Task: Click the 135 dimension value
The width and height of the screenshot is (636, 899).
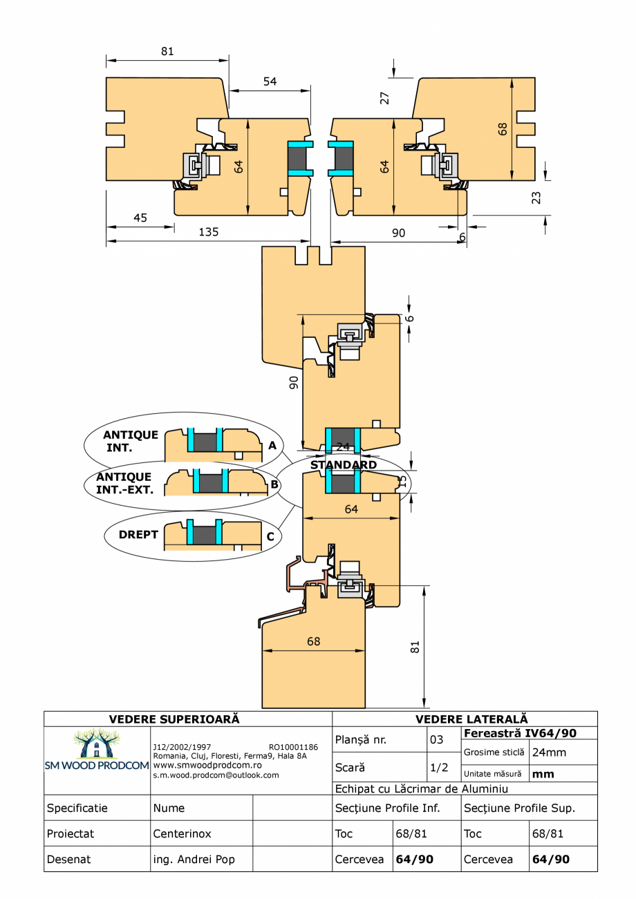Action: click(208, 232)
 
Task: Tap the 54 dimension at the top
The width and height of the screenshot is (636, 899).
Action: click(270, 82)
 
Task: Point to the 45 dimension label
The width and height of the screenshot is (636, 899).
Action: click(140, 218)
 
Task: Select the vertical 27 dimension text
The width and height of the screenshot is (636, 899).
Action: click(385, 97)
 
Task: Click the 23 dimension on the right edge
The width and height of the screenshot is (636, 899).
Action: click(536, 198)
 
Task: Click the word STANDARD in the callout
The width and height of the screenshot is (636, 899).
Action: click(344, 465)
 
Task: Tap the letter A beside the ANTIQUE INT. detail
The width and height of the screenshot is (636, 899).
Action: click(272, 446)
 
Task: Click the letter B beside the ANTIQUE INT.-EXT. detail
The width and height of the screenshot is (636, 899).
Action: click(274, 484)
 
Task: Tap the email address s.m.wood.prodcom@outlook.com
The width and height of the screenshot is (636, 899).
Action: click(216, 775)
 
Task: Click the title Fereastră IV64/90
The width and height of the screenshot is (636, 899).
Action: click(521, 733)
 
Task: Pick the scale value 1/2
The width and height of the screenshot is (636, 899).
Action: click(437, 768)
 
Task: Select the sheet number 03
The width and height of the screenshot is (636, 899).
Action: click(436, 740)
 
